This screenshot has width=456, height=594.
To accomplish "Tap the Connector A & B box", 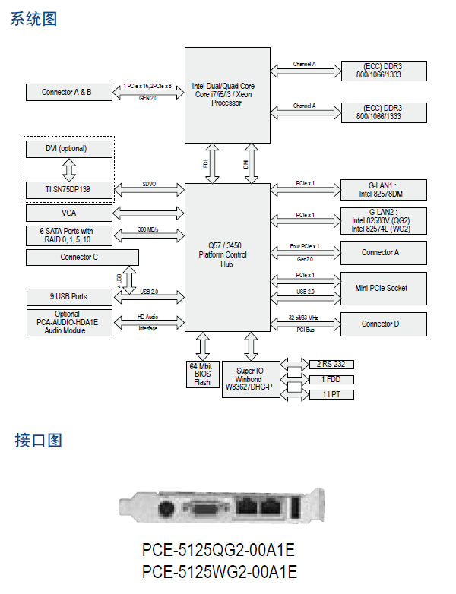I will click(x=67, y=92).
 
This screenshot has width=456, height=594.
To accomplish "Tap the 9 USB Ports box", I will click(x=68, y=296).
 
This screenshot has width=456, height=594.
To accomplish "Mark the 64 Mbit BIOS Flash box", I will click(x=201, y=374).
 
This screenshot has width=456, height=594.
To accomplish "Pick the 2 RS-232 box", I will click(x=332, y=364).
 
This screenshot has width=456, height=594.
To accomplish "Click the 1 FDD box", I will click(x=332, y=378).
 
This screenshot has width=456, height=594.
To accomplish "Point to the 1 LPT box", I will click(x=332, y=394).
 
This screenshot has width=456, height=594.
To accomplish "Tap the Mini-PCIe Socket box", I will click(x=382, y=288).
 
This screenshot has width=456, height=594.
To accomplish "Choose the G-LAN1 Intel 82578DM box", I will click(x=382, y=190).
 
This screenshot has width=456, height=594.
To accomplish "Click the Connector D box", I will click(x=382, y=324).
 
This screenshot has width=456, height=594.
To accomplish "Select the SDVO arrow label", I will click(x=149, y=184).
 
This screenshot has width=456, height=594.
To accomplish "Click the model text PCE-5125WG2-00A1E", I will click(x=219, y=570).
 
